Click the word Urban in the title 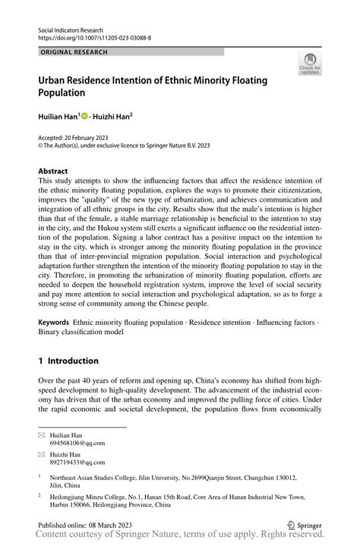(55, 81)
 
